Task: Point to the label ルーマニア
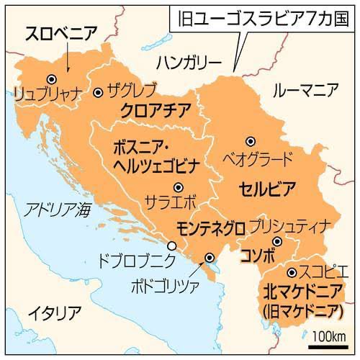[306, 90]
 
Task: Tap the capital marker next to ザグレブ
[98, 92]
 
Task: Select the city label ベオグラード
[257, 156]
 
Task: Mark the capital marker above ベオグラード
[251, 141]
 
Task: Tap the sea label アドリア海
[58, 210]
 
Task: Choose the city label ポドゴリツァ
[172, 279]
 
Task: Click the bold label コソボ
[259, 255]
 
